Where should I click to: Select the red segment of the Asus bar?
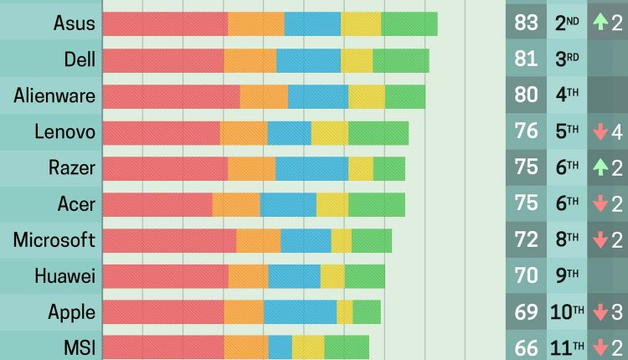click(x=165, y=23)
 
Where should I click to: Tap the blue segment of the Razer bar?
click(x=311, y=168)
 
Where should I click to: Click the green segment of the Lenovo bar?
click(x=378, y=132)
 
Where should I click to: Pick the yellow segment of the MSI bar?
click(x=308, y=347)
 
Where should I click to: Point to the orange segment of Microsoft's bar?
click(x=258, y=240)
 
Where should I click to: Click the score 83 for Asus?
click(x=527, y=23)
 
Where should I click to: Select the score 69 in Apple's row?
click(x=527, y=312)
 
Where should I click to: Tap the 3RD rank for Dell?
click(x=567, y=59)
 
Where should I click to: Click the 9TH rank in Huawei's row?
click(x=567, y=276)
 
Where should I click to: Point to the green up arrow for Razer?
click(x=600, y=168)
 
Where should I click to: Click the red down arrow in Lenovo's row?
click(x=600, y=132)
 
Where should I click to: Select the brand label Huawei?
click(x=65, y=276)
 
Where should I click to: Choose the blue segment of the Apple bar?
click(x=300, y=312)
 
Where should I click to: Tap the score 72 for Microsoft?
click(x=527, y=240)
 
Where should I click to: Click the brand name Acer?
click(x=76, y=204)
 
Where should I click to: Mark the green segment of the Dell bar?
click(x=401, y=59)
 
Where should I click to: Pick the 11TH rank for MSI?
click(x=567, y=347)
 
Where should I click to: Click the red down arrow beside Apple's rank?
click(x=600, y=312)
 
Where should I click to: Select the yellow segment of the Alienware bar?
click(x=367, y=95)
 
